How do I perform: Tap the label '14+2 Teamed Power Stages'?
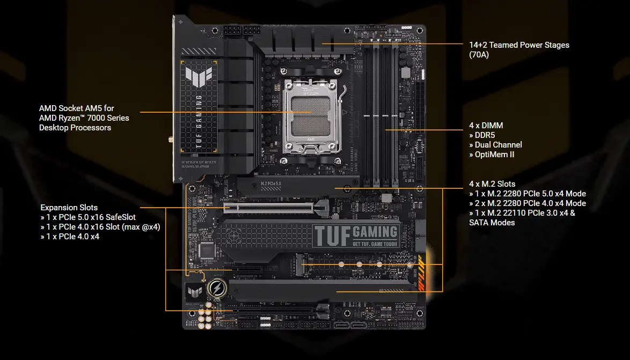519,45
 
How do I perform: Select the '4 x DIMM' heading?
486,126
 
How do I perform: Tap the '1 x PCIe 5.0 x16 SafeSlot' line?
88,217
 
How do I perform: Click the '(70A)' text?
479,55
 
